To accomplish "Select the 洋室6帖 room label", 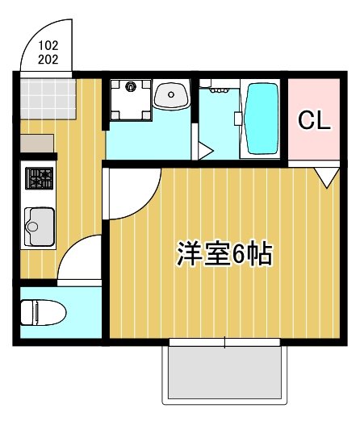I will (x=224, y=254).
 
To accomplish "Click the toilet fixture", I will (x=41, y=312).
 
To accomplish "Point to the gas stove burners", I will (x=38, y=179).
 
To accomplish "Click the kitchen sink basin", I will (x=39, y=219).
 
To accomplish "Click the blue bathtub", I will (x=261, y=118).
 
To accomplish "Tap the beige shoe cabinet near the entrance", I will (x=38, y=143).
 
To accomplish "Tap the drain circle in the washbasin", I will (x=172, y=95).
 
